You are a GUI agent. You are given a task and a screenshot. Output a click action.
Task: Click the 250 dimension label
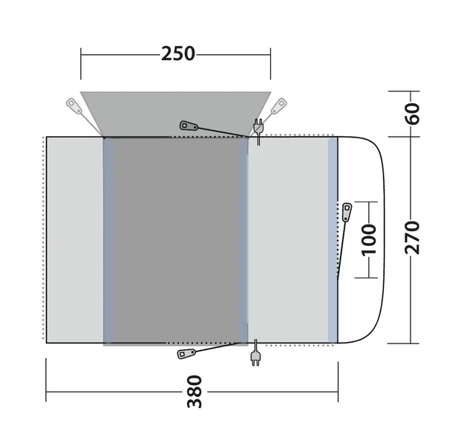coord(178,54)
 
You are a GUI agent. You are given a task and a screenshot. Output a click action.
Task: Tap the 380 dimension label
coord(195,392)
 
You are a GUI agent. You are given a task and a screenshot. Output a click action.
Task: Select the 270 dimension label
coord(412,238)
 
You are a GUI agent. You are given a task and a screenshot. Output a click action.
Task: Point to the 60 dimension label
coord(412,114)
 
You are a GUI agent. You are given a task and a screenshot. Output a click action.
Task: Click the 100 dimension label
coord(369,240)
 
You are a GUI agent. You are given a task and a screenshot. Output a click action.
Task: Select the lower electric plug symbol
coord(255,352)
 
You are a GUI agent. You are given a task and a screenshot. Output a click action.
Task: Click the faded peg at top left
coord(74,106)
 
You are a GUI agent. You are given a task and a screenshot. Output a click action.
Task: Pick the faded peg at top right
coord(278,106)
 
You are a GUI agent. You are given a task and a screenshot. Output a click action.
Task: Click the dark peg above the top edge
coord(189,126)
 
